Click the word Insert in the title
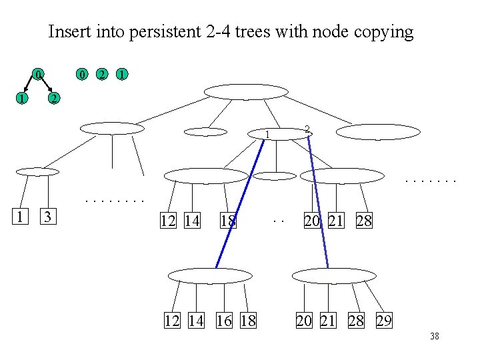tap(69, 31)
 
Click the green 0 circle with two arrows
tap(39, 73)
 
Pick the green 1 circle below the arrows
tap(22, 99)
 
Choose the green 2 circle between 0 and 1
tap(101, 73)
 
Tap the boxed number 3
tap(47, 217)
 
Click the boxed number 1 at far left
tap(21, 217)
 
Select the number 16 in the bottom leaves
tap(225, 321)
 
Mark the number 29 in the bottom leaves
tap(384, 321)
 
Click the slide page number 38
tap(434, 337)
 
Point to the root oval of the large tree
tap(245, 92)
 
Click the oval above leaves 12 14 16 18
tap(211, 275)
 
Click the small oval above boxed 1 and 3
tap(37, 172)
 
